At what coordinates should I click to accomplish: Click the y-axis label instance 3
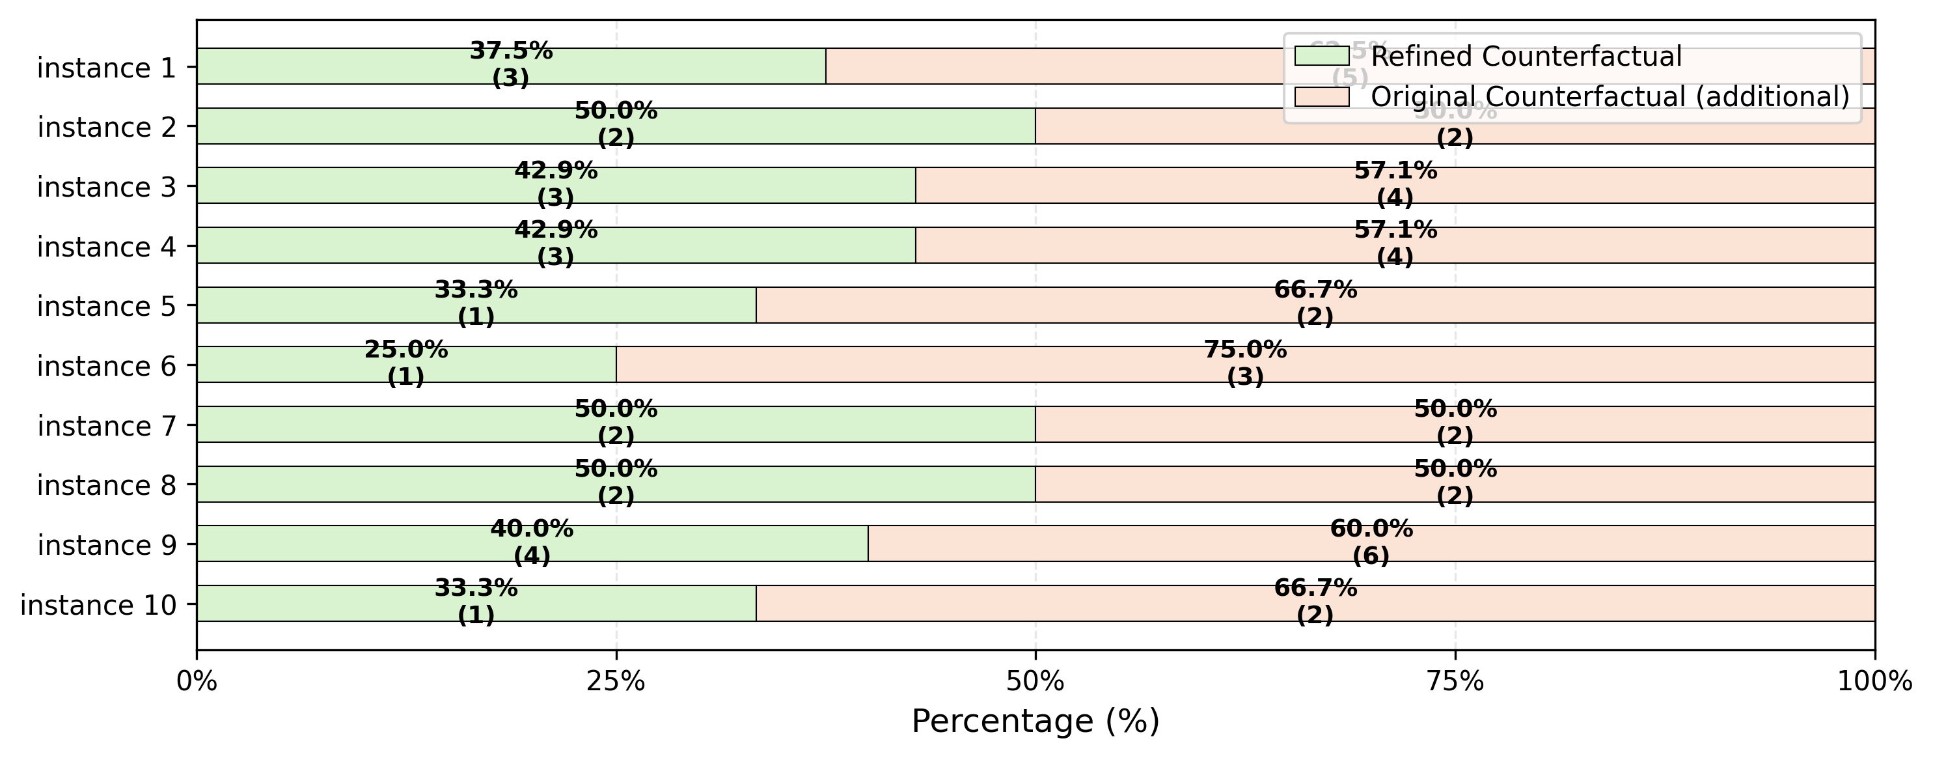106,187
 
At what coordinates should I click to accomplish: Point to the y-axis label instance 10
98,605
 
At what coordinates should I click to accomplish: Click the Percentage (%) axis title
1035,722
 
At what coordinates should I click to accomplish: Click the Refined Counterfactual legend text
1526,56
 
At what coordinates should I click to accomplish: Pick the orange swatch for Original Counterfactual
1321,97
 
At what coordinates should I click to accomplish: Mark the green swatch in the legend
1321,55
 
